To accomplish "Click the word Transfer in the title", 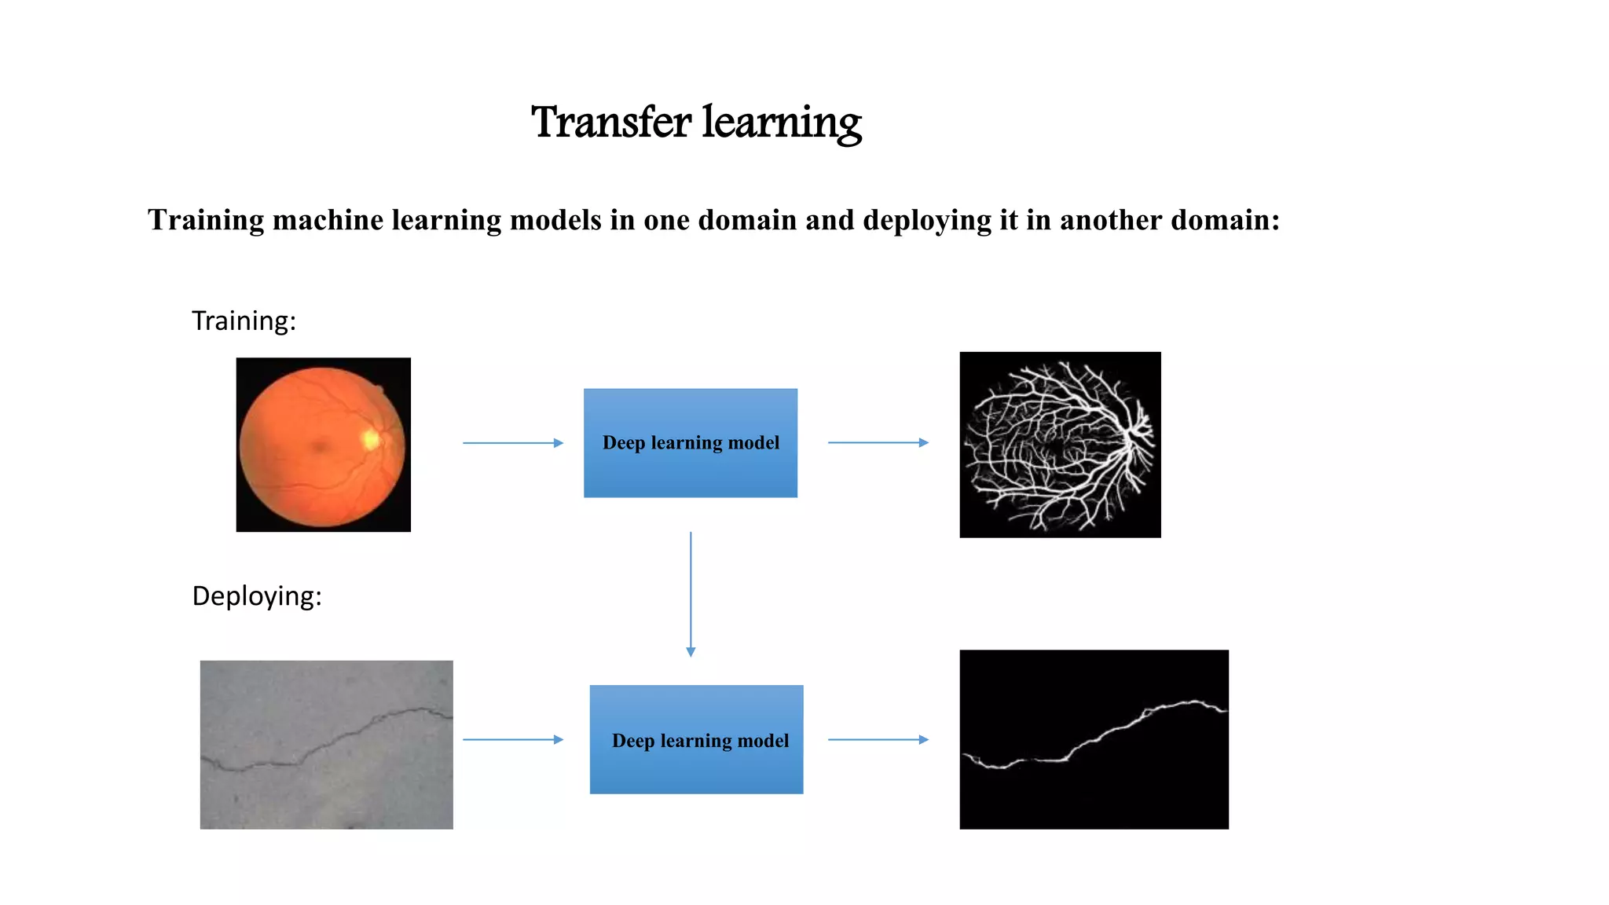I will coord(610,123).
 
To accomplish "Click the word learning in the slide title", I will coord(782,123).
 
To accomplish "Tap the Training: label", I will coord(244,321).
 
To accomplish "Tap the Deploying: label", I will coord(257,595).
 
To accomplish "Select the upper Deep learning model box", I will coord(690,442).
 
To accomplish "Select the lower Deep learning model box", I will coord(696,739).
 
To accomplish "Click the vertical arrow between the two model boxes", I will coord(691,593).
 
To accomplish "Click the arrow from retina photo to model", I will coord(512,443).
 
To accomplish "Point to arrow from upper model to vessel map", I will coord(878,442).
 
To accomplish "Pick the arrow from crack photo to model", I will coord(512,739).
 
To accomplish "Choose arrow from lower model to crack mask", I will coord(878,739).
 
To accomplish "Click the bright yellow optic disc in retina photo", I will coord(370,439).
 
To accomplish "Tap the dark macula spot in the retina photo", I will coord(319,447).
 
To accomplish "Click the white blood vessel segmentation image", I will coord(1060,445).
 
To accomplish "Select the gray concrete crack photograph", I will coord(326,744).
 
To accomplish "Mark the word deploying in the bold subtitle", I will coord(927,220).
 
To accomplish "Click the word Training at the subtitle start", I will coord(206,220).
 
